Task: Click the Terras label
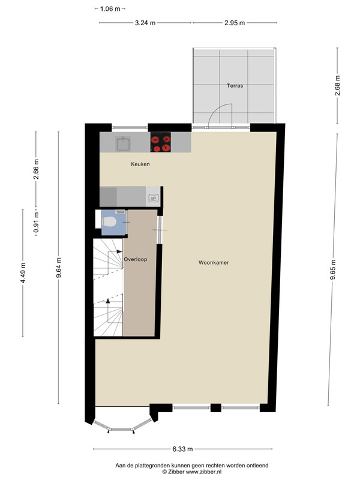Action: tap(235, 86)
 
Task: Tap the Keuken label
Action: tap(140, 164)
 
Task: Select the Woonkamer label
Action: tap(214, 263)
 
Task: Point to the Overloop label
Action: tap(136, 259)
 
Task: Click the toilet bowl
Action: tap(109, 221)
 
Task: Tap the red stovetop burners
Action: tap(161, 142)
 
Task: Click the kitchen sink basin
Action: tap(123, 144)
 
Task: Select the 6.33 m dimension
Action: tap(183, 449)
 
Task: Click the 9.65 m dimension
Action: tap(333, 269)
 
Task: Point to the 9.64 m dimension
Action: tap(58, 268)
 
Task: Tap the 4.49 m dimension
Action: tap(23, 273)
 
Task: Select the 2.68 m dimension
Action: tap(337, 85)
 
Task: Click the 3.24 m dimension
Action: tap(145, 23)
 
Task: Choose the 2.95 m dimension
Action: tap(235, 23)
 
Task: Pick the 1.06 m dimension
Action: tap(110, 9)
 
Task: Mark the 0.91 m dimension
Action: tap(36, 222)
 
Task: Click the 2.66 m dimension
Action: tap(36, 169)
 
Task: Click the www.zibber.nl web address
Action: tap(204, 472)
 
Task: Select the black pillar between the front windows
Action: tap(216, 408)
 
